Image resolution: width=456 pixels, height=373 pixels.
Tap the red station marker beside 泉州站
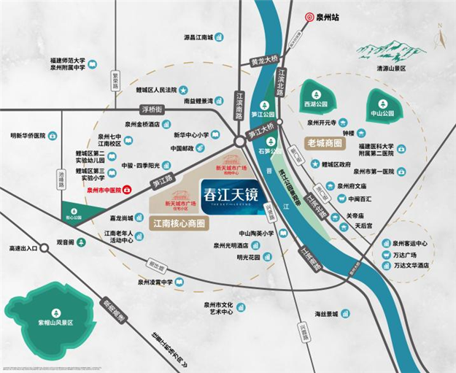tap(309, 15)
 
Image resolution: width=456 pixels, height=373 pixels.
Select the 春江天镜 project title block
tap(225, 196)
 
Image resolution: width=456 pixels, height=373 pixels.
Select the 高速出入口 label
tap(20, 248)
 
